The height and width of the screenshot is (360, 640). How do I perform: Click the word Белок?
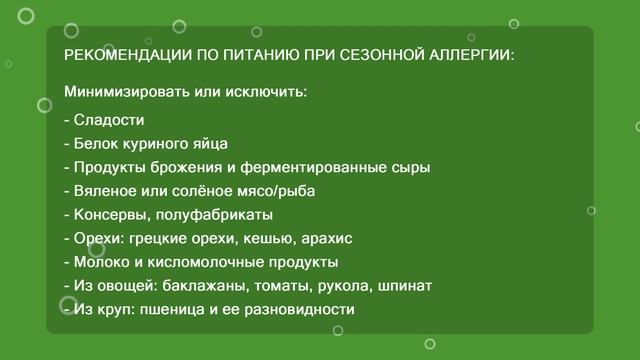[96, 143]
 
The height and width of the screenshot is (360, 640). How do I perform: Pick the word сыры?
[410, 167]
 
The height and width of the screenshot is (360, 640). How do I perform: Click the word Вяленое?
[104, 191]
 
